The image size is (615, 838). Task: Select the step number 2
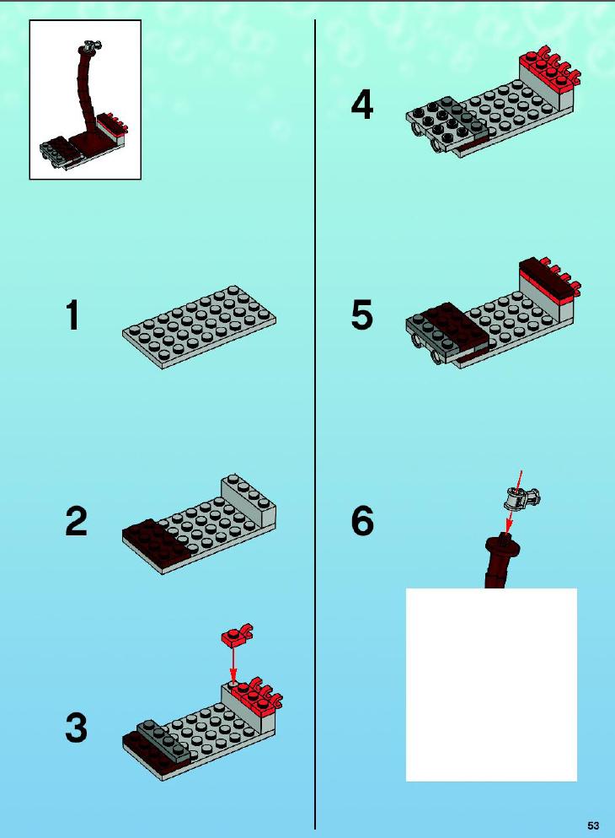tap(77, 521)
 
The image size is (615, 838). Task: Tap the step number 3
tap(77, 728)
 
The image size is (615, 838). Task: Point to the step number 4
tap(362, 105)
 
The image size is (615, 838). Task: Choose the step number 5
tap(362, 314)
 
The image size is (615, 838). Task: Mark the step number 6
tap(362, 521)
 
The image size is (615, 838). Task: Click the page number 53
tap(593, 825)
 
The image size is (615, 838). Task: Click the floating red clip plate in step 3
tap(237, 634)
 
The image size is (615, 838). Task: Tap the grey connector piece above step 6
tap(522, 498)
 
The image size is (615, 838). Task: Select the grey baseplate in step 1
tap(199, 326)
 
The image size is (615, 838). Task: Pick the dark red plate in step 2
tap(155, 543)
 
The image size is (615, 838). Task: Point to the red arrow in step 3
tap(233, 664)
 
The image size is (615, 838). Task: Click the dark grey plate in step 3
tap(163, 739)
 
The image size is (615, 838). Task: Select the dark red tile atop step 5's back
tap(546, 277)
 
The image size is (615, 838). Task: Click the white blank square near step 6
tap(491, 684)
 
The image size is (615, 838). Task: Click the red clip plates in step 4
tap(550, 69)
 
